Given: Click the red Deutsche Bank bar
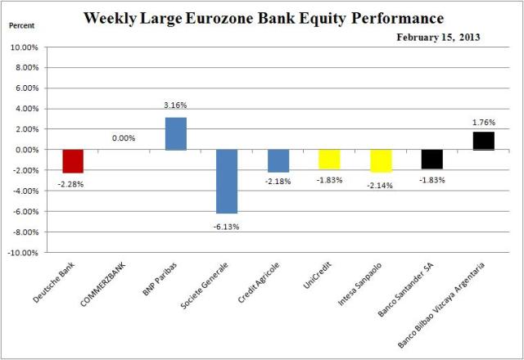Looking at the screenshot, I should point(73,161).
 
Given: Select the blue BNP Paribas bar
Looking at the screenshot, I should point(175,133).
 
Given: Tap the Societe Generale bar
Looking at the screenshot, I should point(226,181).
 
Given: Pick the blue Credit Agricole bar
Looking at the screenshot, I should point(278,160).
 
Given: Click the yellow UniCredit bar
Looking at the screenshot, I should point(328,159).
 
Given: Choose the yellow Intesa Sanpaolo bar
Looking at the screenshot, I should point(380,160).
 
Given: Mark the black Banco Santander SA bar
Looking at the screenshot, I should point(431,159).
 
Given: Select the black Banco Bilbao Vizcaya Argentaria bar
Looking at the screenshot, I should point(482,141).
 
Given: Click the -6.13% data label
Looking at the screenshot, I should point(227,223).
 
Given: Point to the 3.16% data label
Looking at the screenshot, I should point(176,104).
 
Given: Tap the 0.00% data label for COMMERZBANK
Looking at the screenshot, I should point(124,138).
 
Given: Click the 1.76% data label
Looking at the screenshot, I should point(483,121).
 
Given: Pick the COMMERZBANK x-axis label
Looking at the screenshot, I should point(103,286).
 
